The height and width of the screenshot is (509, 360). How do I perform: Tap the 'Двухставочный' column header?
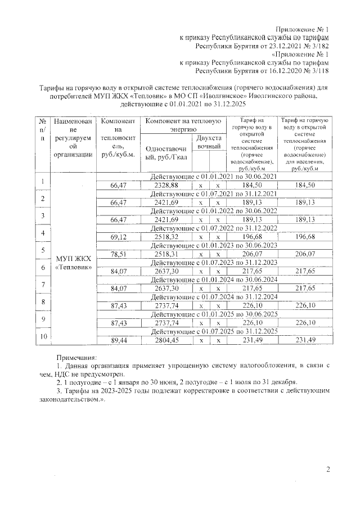208,142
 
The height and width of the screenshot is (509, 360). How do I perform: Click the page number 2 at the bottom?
328,470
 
